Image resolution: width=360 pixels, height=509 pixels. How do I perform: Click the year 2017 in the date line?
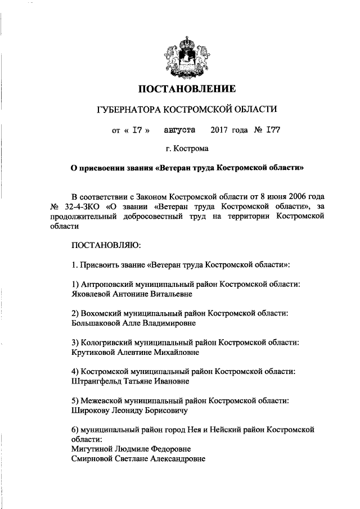tap(220, 130)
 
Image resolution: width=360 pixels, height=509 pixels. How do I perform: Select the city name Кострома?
tap(191, 149)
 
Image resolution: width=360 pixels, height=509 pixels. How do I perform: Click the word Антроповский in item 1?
tap(106, 284)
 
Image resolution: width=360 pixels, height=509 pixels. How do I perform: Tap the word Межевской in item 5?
tap(101, 400)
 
